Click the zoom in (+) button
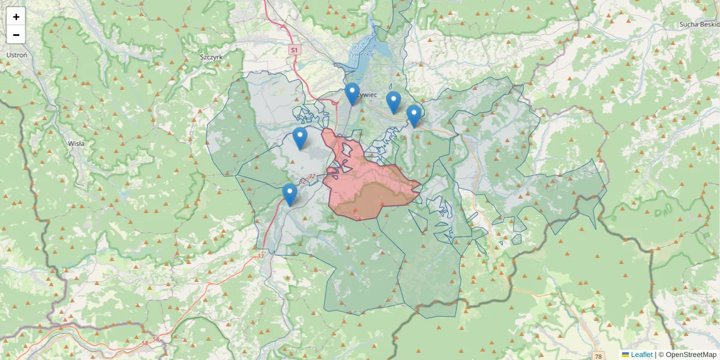click(x=16, y=17)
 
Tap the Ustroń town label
click(x=17, y=55)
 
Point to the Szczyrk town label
click(x=211, y=56)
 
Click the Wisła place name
click(x=76, y=143)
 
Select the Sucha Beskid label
click(x=699, y=25)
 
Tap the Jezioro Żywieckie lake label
click(x=363, y=50)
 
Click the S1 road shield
click(x=293, y=50)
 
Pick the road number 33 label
click(x=260, y=256)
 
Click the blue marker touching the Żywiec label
click(x=352, y=94)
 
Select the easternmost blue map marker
click(x=413, y=115)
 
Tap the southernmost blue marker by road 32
click(x=290, y=194)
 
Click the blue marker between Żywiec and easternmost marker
click(x=393, y=102)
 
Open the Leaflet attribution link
click(x=641, y=355)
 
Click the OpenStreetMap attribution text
click(x=691, y=355)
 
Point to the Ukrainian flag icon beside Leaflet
click(x=626, y=355)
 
